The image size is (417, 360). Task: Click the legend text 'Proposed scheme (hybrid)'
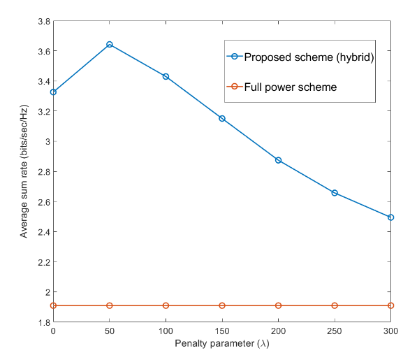click(x=309, y=57)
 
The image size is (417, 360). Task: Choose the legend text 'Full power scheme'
click(x=291, y=87)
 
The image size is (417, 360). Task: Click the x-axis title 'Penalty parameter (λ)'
click(x=222, y=343)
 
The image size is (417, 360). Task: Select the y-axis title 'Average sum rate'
click(x=24, y=199)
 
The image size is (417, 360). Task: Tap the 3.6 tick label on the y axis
click(x=44, y=51)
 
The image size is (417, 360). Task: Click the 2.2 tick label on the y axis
click(x=44, y=262)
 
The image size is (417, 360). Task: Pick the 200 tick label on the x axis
click(x=278, y=331)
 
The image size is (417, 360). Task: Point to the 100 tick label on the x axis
click(x=166, y=331)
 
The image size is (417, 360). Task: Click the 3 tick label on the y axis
click(x=48, y=141)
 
